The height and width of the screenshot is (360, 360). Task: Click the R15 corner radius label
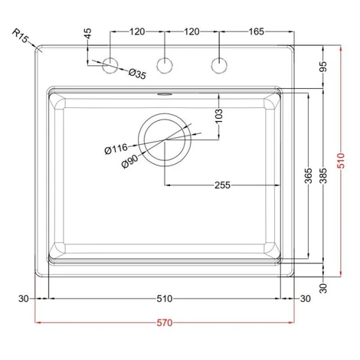(20, 36)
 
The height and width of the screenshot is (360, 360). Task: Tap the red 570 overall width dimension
(165, 322)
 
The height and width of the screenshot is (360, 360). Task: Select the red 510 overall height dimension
(341, 161)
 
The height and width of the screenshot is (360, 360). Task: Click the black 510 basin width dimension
(165, 299)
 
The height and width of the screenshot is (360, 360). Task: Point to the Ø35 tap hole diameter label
(137, 74)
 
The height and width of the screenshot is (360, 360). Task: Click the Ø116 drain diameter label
(116, 149)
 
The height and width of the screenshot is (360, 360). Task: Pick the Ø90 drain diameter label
(130, 162)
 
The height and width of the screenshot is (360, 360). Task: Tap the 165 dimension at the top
(256, 31)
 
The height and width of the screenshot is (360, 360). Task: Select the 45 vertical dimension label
(87, 34)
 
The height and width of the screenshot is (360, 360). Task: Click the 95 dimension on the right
(323, 67)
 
